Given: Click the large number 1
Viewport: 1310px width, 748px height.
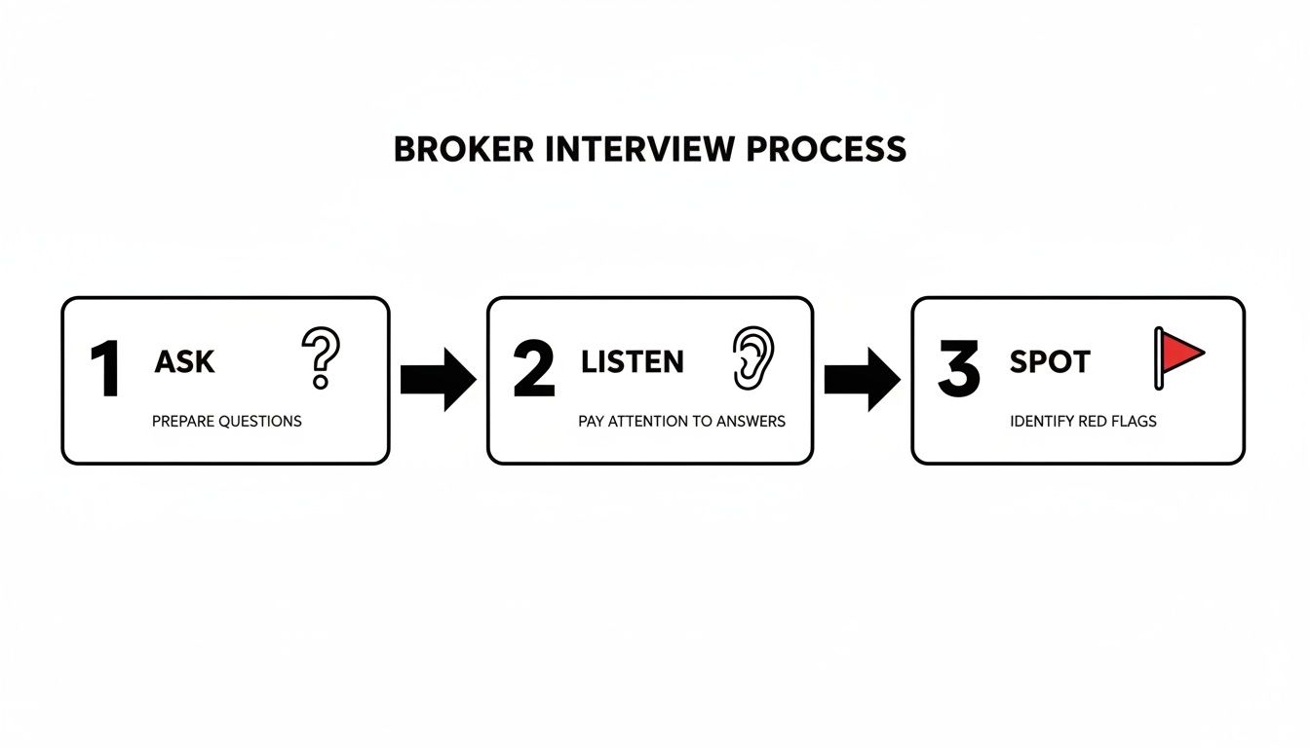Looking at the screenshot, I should pyautogui.click(x=105, y=371).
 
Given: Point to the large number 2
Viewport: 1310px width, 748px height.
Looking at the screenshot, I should pyautogui.click(x=533, y=371).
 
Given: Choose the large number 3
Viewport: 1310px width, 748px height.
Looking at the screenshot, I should pyautogui.click(x=958, y=371).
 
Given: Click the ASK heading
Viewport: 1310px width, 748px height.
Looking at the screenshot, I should pyautogui.click(x=184, y=362).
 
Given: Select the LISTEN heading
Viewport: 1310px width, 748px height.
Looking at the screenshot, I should pyautogui.click(x=633, y=362).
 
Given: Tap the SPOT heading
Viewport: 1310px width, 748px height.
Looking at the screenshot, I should pyautogui.click(x=1051, y=362).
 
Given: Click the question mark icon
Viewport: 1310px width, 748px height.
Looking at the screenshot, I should pyautogui.click(x=321, y=357).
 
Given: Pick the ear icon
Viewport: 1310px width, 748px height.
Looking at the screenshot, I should pyautogui.click(x=752, y=358).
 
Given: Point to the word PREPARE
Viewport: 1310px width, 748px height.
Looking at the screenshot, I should pyautogui.click(x=183, y=422).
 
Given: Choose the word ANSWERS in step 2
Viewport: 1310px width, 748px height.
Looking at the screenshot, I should pyautogui.click(x=751, y=422).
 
